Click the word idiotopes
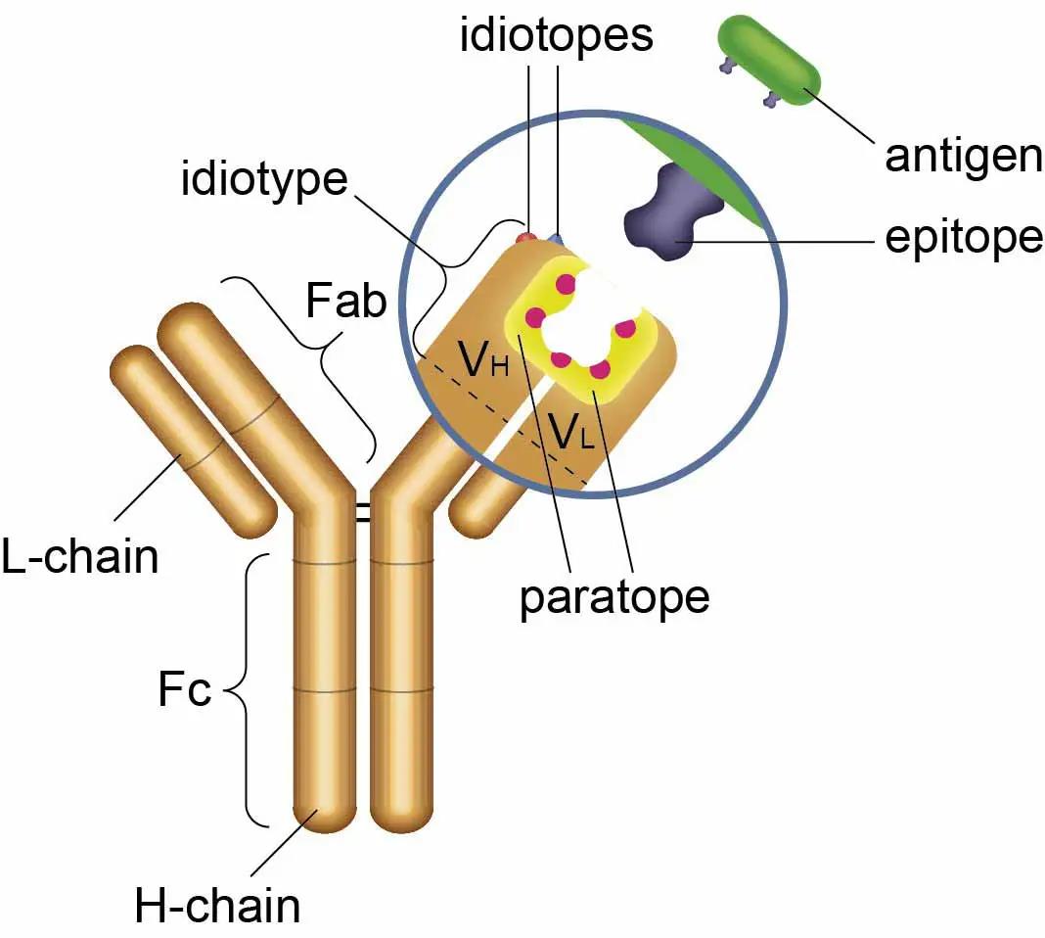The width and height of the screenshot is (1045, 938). tap(557, 36)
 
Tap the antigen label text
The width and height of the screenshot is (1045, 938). tap(963, 157)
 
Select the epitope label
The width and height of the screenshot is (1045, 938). tap(963, 238)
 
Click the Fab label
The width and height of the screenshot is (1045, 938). tap(345, 302)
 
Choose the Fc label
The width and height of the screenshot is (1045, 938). tap(184, 691)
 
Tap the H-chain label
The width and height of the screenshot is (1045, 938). tap(217, 906)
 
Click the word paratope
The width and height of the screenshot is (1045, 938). tap(614, 596)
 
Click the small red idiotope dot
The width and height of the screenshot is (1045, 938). tap(526, 236)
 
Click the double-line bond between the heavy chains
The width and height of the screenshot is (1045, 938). tap(363, 511)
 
